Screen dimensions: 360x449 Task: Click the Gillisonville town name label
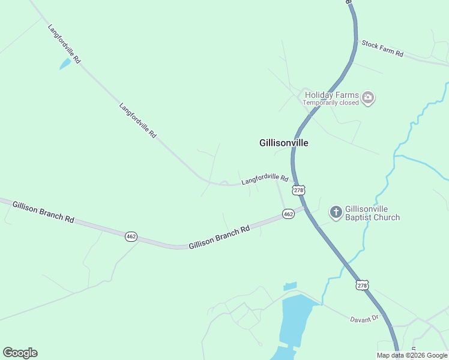(x=284, y=143)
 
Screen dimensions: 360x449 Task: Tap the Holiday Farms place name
(x=331, y=95)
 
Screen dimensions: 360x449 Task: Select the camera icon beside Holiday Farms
(x=368, y=97)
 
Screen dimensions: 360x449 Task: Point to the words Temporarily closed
(x=331, y=103)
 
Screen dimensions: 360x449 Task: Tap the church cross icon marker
(x=336, y=212)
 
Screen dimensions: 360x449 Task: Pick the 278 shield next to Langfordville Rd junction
(x=299, y=190)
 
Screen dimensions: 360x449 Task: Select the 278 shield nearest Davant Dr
(x=362, y=286)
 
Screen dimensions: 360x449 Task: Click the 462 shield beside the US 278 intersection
(x=288, y=214)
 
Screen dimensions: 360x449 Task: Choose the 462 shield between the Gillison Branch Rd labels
(x=131, y=236)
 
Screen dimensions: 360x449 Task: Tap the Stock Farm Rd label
(x=382, y=49)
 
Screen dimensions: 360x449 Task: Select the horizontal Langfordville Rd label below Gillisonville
(x=265, y=179)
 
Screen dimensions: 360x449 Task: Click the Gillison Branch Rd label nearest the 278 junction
(x=218, y=238)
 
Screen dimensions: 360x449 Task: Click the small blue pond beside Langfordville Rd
(x=65, y=64)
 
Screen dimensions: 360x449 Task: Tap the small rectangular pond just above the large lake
(x=290, y=286)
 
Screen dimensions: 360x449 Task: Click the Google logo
(x=20, y=353)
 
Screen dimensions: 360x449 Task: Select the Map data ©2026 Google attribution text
(x=412, y=355)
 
